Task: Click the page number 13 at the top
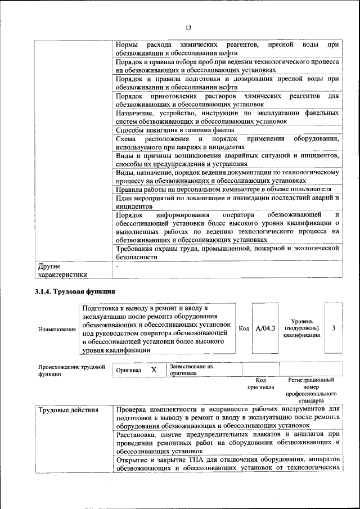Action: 188,28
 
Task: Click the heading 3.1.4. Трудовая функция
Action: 75,291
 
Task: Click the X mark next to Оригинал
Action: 153,370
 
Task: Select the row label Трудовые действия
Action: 68,409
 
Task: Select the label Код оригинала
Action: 260,384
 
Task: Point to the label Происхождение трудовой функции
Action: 71,370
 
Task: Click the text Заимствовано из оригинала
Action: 191,370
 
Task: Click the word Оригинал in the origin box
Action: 129,371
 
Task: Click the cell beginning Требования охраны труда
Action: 227,253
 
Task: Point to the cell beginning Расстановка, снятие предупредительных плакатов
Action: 227,443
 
